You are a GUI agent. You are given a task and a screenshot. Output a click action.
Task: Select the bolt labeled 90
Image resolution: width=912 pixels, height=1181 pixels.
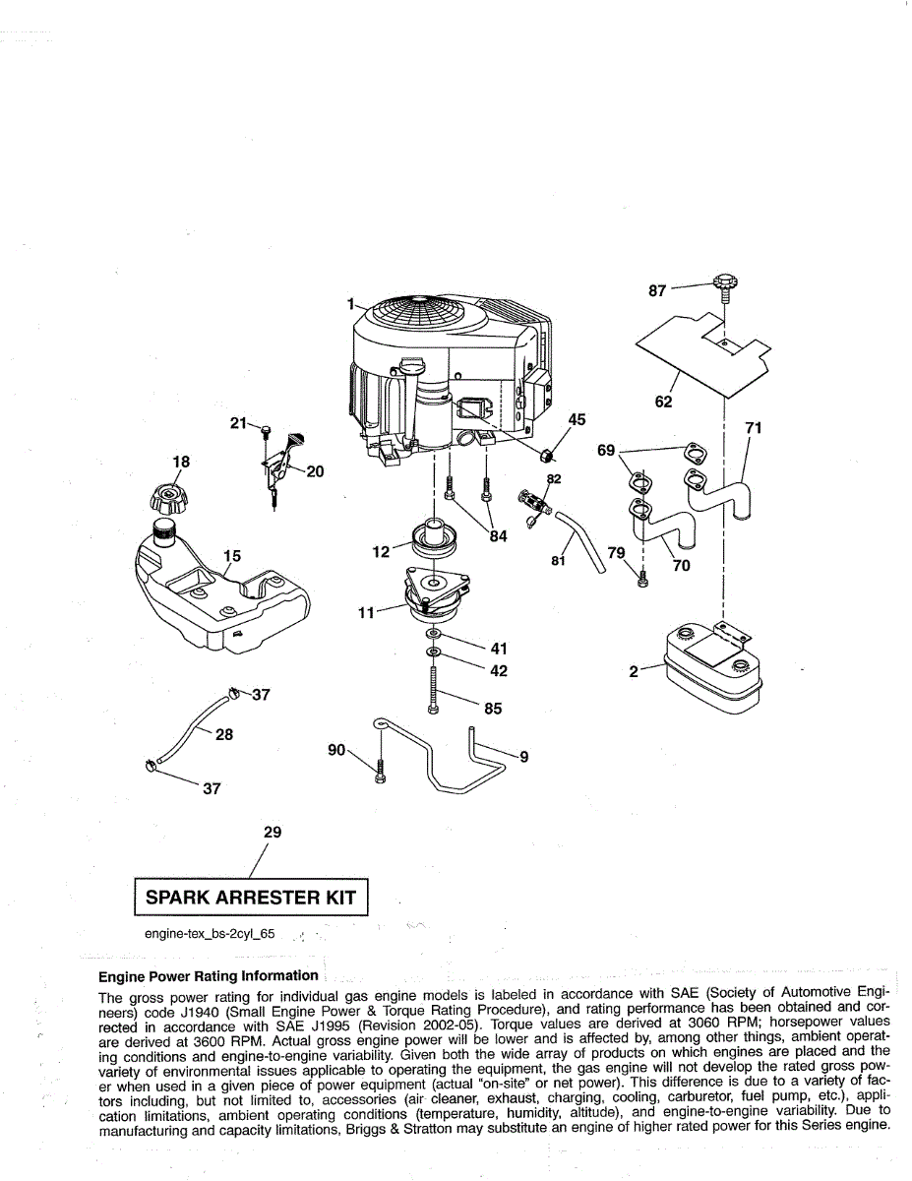380,773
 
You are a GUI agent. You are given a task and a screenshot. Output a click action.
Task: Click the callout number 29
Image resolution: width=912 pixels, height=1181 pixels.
273,833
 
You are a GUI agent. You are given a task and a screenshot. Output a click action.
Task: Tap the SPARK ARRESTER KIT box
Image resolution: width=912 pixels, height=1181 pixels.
251,898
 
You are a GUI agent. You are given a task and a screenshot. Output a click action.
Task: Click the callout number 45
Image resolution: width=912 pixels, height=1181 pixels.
577,420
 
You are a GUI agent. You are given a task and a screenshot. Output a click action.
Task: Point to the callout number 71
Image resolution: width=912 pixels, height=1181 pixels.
754,427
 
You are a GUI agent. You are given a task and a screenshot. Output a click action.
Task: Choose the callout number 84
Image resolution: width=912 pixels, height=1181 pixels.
499,536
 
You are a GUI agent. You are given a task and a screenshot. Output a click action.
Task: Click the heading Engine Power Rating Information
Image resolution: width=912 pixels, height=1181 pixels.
209,976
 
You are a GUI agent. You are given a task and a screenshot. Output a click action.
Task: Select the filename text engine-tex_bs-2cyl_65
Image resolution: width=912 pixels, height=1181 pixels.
210,933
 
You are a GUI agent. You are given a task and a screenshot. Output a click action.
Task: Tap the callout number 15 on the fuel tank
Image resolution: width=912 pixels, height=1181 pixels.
231,556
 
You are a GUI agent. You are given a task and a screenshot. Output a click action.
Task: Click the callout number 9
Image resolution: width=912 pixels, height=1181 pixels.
523,757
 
